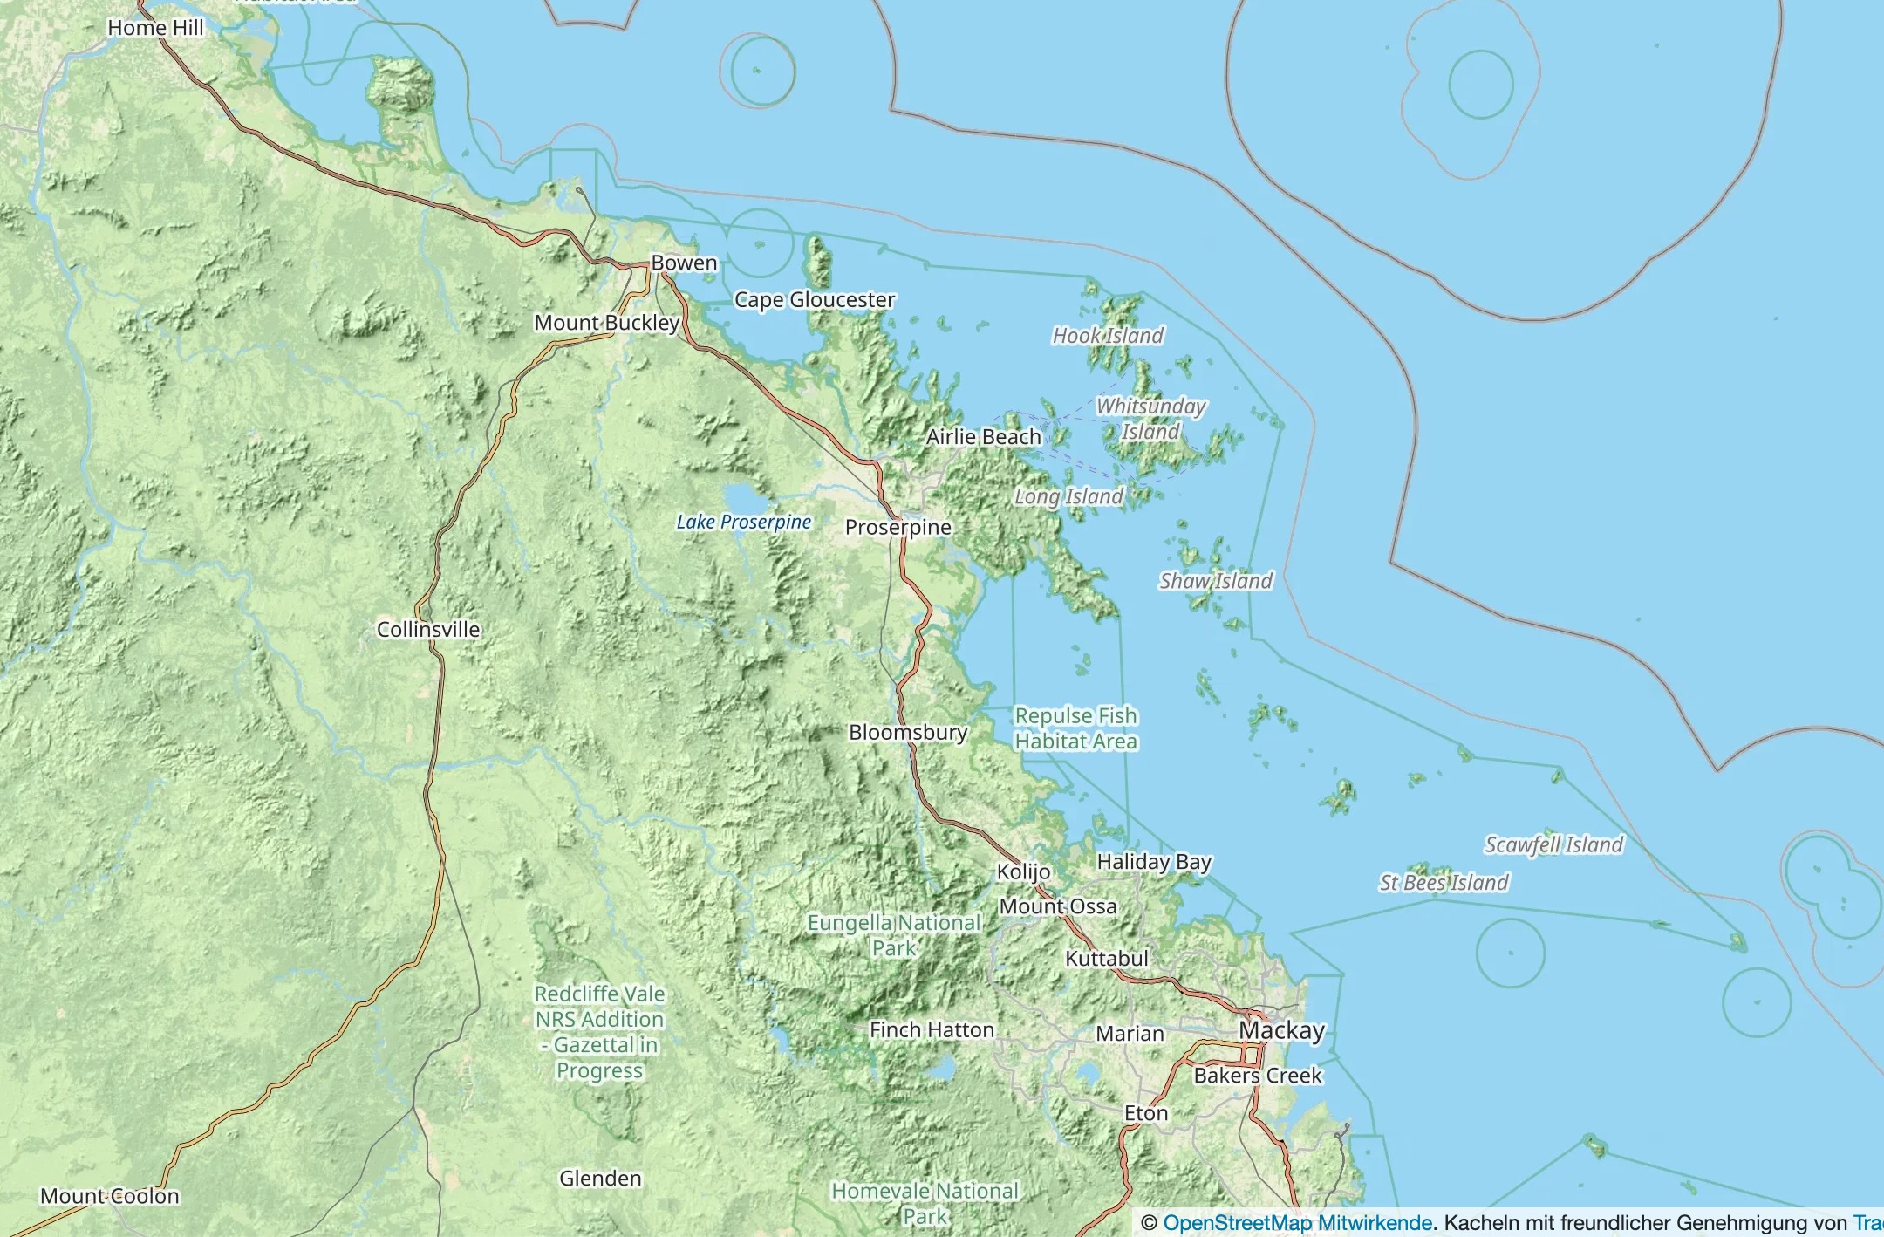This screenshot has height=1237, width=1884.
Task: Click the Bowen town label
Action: coord(684,263)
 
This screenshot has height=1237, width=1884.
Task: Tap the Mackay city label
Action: coord(1281,1030)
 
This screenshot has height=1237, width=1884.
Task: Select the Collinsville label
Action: coord(428,629)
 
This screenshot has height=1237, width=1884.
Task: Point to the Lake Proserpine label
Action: coord(743,522)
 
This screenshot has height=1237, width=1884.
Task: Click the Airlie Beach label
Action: coord(983,436)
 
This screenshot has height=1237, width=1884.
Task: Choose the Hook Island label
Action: coord(1108,335)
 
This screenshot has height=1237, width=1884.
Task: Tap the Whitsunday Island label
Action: coord(1150,419)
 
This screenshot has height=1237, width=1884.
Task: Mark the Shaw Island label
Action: coord(1215,581)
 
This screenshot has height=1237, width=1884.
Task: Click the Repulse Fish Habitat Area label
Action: coord(1075,728)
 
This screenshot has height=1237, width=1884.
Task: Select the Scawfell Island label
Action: coord(1553,844)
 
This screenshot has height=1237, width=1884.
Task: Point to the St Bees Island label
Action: coord(1444,883)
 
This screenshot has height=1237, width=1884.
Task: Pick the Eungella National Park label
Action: coord(894,935)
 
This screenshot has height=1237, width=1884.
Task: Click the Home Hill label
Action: coord(155,28)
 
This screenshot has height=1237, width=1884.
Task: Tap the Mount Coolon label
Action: coord(110,1196)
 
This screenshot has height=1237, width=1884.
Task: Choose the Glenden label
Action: coord(600,1179)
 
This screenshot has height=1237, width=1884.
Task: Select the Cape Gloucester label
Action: coord(815,300)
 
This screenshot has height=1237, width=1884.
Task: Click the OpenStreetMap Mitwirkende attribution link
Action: coord(1297,1223)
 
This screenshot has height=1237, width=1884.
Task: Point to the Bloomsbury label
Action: coord(908,732)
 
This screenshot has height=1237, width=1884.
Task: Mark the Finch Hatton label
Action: coord(932,1030)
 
